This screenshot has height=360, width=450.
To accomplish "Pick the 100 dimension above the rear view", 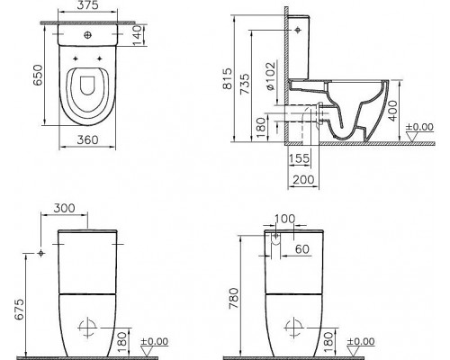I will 286,219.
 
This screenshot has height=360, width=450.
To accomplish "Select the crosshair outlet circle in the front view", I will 88,325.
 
